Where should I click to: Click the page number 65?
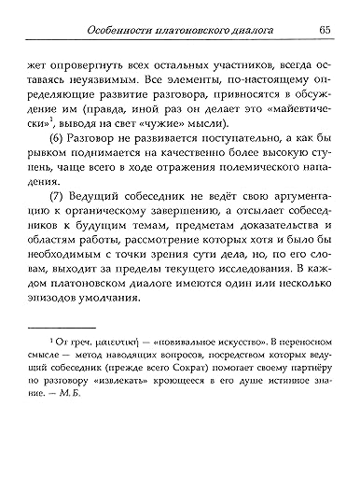[324, 29]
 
